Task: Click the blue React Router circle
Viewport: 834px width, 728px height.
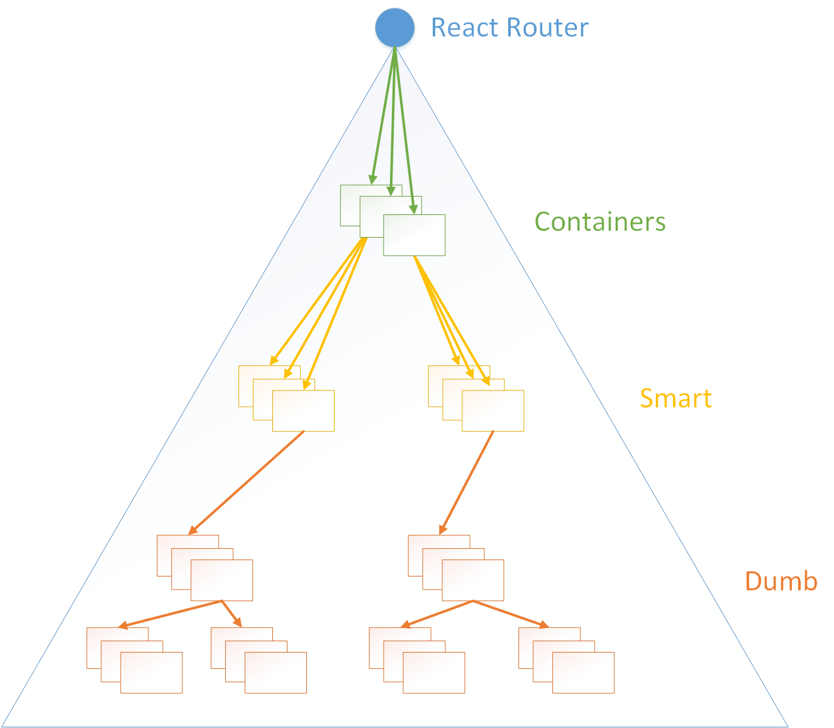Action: point(395,27)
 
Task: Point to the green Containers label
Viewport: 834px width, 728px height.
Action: point(600,222)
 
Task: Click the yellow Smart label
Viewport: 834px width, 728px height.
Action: point(676,399)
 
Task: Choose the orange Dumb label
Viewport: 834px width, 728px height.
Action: point(781,581)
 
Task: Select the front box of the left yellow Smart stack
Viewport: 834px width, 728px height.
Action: point(304,411)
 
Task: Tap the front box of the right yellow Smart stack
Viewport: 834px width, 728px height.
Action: point(493,411)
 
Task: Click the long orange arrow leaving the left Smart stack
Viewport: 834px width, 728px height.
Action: point(247,482)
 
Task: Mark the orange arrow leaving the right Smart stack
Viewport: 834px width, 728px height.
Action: point(467,482)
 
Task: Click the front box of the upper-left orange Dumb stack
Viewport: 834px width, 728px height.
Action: point(222,580)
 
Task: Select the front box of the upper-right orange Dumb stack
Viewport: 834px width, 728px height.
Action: point(473,580)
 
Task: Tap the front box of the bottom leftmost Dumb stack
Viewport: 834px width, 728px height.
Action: point(152,673)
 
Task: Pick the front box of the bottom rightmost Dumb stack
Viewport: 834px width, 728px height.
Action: point(584,673)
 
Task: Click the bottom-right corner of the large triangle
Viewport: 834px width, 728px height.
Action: point(787,725)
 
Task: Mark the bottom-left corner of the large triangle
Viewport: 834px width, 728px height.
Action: point(3,725)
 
